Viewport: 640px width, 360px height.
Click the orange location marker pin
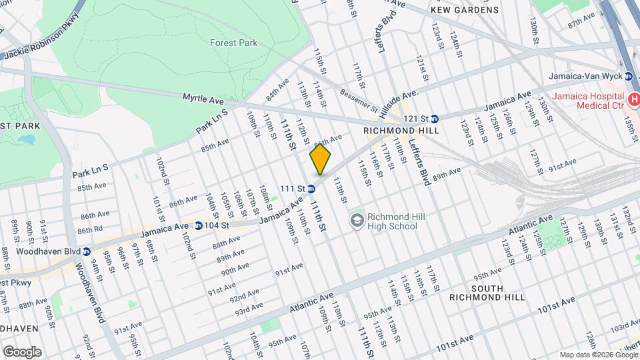(321, 161)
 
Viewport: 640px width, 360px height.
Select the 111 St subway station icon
(311, 189)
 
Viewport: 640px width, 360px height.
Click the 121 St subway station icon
(434, 118)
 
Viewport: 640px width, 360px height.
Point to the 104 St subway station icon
(199, 225)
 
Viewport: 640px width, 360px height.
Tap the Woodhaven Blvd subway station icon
(87, 251)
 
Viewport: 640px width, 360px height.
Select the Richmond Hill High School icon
(357, 220)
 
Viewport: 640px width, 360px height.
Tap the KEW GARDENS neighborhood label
(465, 10)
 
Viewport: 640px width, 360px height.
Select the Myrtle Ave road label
(203, 99)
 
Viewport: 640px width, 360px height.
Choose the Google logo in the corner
(22, 351)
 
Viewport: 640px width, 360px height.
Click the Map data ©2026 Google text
(597, 354)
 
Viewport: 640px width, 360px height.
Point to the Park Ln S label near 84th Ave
(212, 121)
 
